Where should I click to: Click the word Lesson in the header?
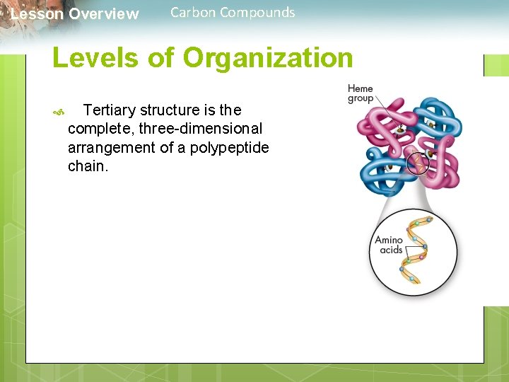(x=37, y=14)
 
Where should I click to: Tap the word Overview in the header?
(x=104, y=14)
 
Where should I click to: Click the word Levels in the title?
(x=95, y=58)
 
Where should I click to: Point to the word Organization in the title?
(x=268, y=58)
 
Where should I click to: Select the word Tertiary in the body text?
(x=110, y=110)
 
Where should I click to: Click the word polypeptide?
(x=229, y=148)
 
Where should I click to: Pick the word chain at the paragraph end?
(x=88, y=167)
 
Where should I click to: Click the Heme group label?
(x=360, y=93)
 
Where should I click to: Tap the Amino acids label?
(x=388, y=245)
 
